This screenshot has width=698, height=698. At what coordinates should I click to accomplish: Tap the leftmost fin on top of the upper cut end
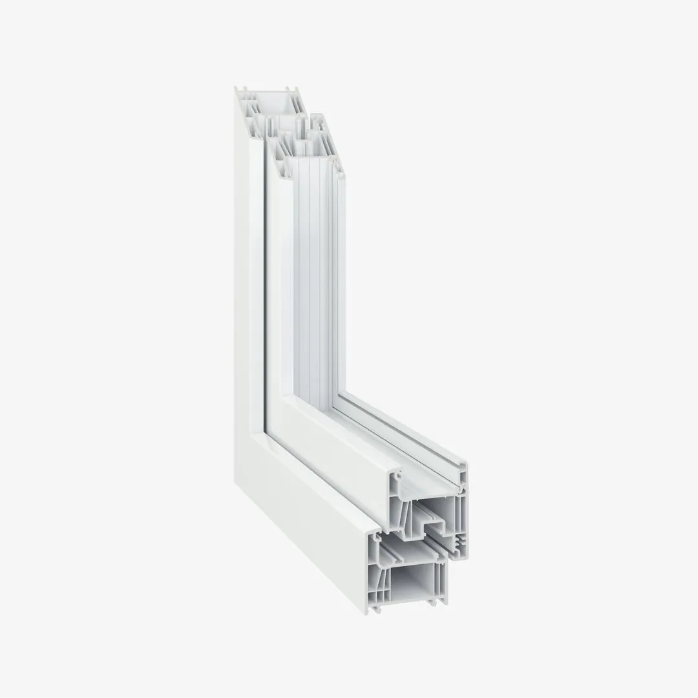click(237, 90)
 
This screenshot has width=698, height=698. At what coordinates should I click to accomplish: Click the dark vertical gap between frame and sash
click(265, 284)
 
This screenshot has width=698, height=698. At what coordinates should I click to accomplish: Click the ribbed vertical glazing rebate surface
click(317, 278)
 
